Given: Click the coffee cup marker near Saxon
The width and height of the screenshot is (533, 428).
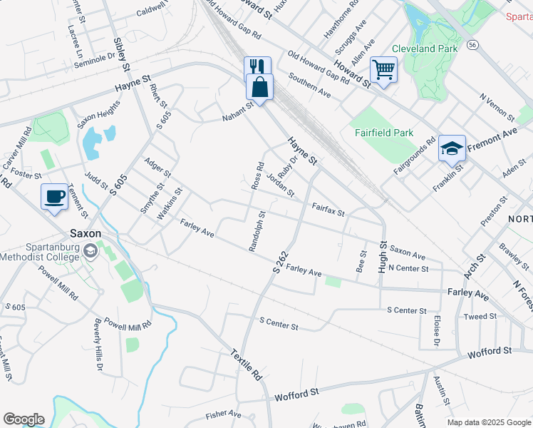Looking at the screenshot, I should (54, 196).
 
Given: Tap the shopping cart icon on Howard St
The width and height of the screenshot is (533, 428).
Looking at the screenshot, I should (383, 69).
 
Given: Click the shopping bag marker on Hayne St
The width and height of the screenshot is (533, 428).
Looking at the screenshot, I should (260, 88).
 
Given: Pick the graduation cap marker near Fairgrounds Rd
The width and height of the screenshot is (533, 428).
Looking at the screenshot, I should (452, 148).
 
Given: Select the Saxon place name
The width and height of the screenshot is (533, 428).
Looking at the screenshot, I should (85, 233).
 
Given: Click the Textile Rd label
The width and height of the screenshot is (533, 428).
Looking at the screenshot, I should (247, 364).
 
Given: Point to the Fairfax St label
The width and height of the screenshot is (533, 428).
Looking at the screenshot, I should (328, 209).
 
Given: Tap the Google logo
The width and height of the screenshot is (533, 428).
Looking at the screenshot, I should (24, 419).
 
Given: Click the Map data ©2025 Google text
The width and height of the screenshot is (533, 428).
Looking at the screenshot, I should (488, 422).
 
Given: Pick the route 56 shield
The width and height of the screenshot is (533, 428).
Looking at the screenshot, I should (472, 44).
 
